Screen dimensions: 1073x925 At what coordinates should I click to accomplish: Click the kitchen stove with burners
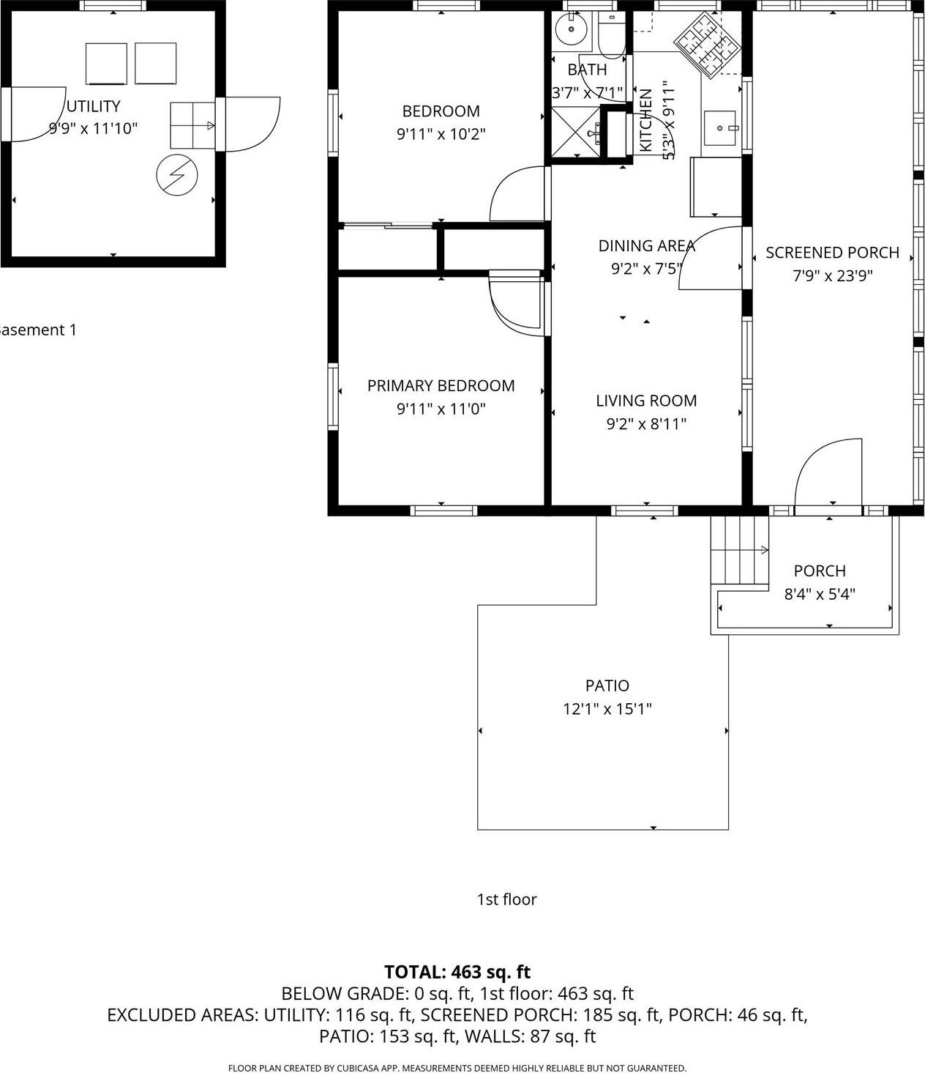[x=708, y=44]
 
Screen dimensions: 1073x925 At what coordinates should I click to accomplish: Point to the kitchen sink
[x=720, y=128]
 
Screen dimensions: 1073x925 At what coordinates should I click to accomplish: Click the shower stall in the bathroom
[x=574, y=133]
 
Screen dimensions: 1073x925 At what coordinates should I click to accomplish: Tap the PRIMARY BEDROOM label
[x=441, y=386]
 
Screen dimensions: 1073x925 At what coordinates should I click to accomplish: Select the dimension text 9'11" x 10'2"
[x=441, y=135]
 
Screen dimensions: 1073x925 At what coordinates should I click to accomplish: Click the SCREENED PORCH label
[x=832, y=253]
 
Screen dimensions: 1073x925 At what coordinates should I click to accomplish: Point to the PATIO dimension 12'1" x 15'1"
[x=607, y=709]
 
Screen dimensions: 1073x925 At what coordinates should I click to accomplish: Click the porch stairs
[x=740, y=549]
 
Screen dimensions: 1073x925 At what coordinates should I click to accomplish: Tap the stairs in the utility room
[x=192, y=126]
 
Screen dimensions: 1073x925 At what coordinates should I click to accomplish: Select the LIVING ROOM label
[x=646, y=401]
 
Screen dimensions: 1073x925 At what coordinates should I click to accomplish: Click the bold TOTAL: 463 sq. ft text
[x=457, y=972]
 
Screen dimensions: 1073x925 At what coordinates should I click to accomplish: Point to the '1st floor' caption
[x=506, y=899]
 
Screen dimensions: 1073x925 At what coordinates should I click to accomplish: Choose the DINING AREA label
[x=646, y=246]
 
